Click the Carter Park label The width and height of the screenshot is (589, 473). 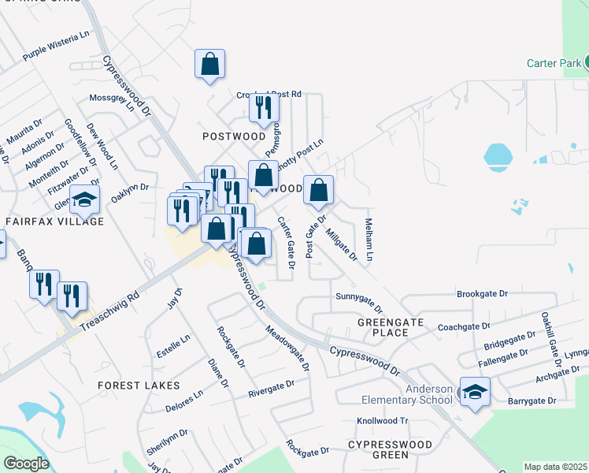point(553,63)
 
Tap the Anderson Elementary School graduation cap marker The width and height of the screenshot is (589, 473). point(475,392)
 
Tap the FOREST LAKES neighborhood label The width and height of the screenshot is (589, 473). point(139,385)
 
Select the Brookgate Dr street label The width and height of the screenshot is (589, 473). point(483,294)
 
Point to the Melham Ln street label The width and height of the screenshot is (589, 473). point(369,239)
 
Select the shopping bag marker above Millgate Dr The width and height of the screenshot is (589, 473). point(318,189)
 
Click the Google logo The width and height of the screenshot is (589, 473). point(25,464)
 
